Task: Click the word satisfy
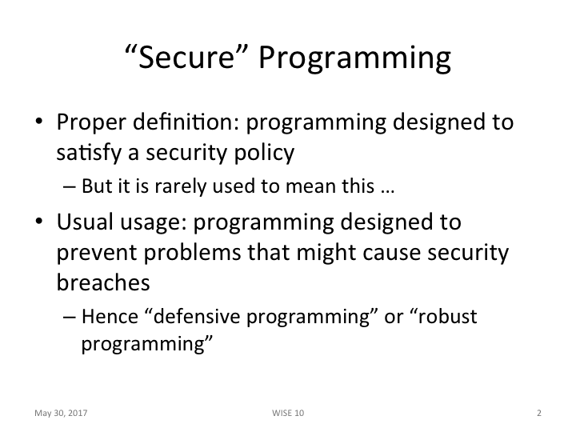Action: click(90, 152)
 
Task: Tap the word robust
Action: click(446, 317)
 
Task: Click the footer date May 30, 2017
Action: click(60, 413)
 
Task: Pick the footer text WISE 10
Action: click(288, 413)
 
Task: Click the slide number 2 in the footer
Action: click(539, 413)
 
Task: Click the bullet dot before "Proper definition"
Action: click(38, 124)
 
